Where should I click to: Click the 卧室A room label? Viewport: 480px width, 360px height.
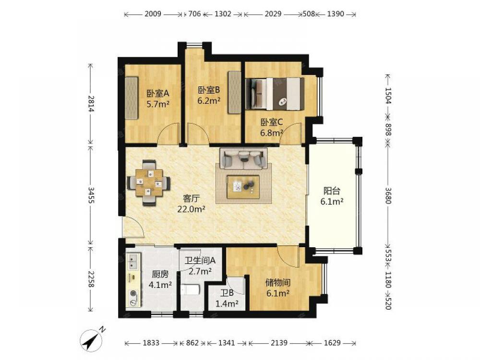pos(158,93)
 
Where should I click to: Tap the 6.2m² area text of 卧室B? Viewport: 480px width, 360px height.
pos(209,100)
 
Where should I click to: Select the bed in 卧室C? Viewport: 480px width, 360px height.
pos(275,94)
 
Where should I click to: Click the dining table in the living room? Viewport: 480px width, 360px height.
pos(148,183)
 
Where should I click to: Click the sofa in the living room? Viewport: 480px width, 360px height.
pos(243,158)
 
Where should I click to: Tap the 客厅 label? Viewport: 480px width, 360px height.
pos(191,199)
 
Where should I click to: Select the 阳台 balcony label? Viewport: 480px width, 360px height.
pos(332,191)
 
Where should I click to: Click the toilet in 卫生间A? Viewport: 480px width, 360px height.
pos(190,289)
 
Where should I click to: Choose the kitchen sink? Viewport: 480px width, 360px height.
pos(134,261)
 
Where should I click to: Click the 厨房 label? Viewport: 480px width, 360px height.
pos(160,274)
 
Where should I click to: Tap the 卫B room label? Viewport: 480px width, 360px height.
pos(227,293)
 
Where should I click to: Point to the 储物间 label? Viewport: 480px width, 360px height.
pos(278,282)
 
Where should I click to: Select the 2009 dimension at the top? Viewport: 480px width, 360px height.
pos(153,14)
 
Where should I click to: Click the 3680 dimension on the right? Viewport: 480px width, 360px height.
pos(388,196)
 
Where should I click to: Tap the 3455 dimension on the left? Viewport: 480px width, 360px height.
pos(91,195)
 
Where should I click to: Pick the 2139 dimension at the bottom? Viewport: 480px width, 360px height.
pos(279,343)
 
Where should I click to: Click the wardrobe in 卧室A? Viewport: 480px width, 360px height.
pos(132,98)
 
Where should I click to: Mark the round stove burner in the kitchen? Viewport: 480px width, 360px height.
pos(133,293)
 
